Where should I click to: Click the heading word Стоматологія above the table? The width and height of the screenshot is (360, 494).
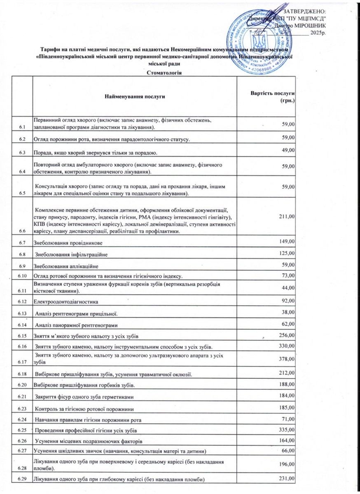[164, 73]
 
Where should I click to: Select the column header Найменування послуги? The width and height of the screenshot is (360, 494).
[135, 96]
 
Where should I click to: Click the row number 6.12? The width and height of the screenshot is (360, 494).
[22, 302]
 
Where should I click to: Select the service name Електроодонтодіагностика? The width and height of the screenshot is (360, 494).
[65, 302]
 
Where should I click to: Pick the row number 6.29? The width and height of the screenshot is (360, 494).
[22, 480]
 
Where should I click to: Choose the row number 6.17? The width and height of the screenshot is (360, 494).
[22, 362]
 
